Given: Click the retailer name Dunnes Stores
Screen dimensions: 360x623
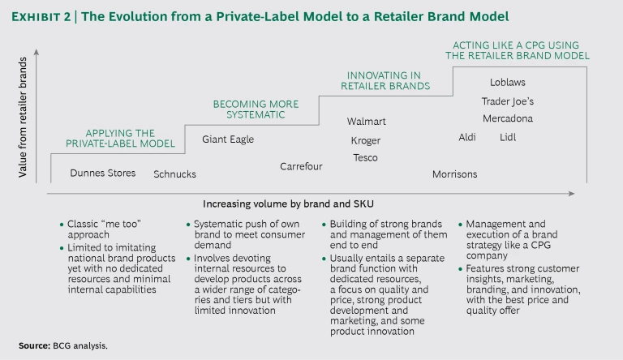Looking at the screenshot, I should tap(103, 173).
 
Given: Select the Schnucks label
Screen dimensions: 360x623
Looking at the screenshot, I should tap(174, 174).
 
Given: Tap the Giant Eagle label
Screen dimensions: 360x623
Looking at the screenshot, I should tap(228, 139).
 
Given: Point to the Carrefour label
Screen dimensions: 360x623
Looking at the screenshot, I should tap(301, 166).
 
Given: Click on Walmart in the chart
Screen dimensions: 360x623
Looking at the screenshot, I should tap(366, 122).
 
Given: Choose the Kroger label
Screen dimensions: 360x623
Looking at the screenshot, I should tap(365, 140).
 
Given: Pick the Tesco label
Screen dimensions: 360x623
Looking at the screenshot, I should tap(365, 157).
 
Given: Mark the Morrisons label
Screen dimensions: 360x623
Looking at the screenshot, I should tap(454, 174).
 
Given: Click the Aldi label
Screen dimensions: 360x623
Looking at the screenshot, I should tap(467, 137).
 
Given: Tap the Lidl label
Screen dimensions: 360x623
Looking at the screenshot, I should tap(508, 137).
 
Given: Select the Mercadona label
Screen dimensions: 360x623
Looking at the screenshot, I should tap(507, 118).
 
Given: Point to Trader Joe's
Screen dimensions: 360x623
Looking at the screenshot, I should tap(507, 101).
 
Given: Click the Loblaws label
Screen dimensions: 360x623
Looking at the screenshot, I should tap(507, 82).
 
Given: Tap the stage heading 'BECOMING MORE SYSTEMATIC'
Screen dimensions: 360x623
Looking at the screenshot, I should tap(256, 109).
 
